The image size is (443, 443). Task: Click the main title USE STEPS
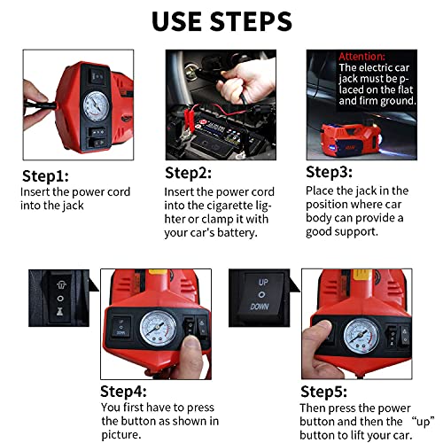tap(221, 21)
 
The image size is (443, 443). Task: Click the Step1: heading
tap(45, 176)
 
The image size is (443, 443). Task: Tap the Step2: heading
tap(188, 173)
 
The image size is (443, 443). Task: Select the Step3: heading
tap(329, 172)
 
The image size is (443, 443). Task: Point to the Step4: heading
tap(123, 392)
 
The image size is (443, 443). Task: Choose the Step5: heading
tap(323, 392)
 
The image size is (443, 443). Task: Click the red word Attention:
tap(361, 57)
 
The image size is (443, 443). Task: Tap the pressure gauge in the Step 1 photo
tap(96, 106)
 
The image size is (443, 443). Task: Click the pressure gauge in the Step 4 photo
tap(158, 329)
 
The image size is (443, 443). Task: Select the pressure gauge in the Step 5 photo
tap(361, 336)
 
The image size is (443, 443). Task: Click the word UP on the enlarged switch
tap(263, 283)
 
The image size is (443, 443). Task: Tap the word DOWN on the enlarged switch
tap(260, 307)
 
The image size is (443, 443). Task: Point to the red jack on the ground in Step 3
tap(350, 138)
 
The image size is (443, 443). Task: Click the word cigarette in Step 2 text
tap(229, 206)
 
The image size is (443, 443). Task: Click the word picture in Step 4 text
tap(121, 435)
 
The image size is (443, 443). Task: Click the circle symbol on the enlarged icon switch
tap(60, 299)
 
